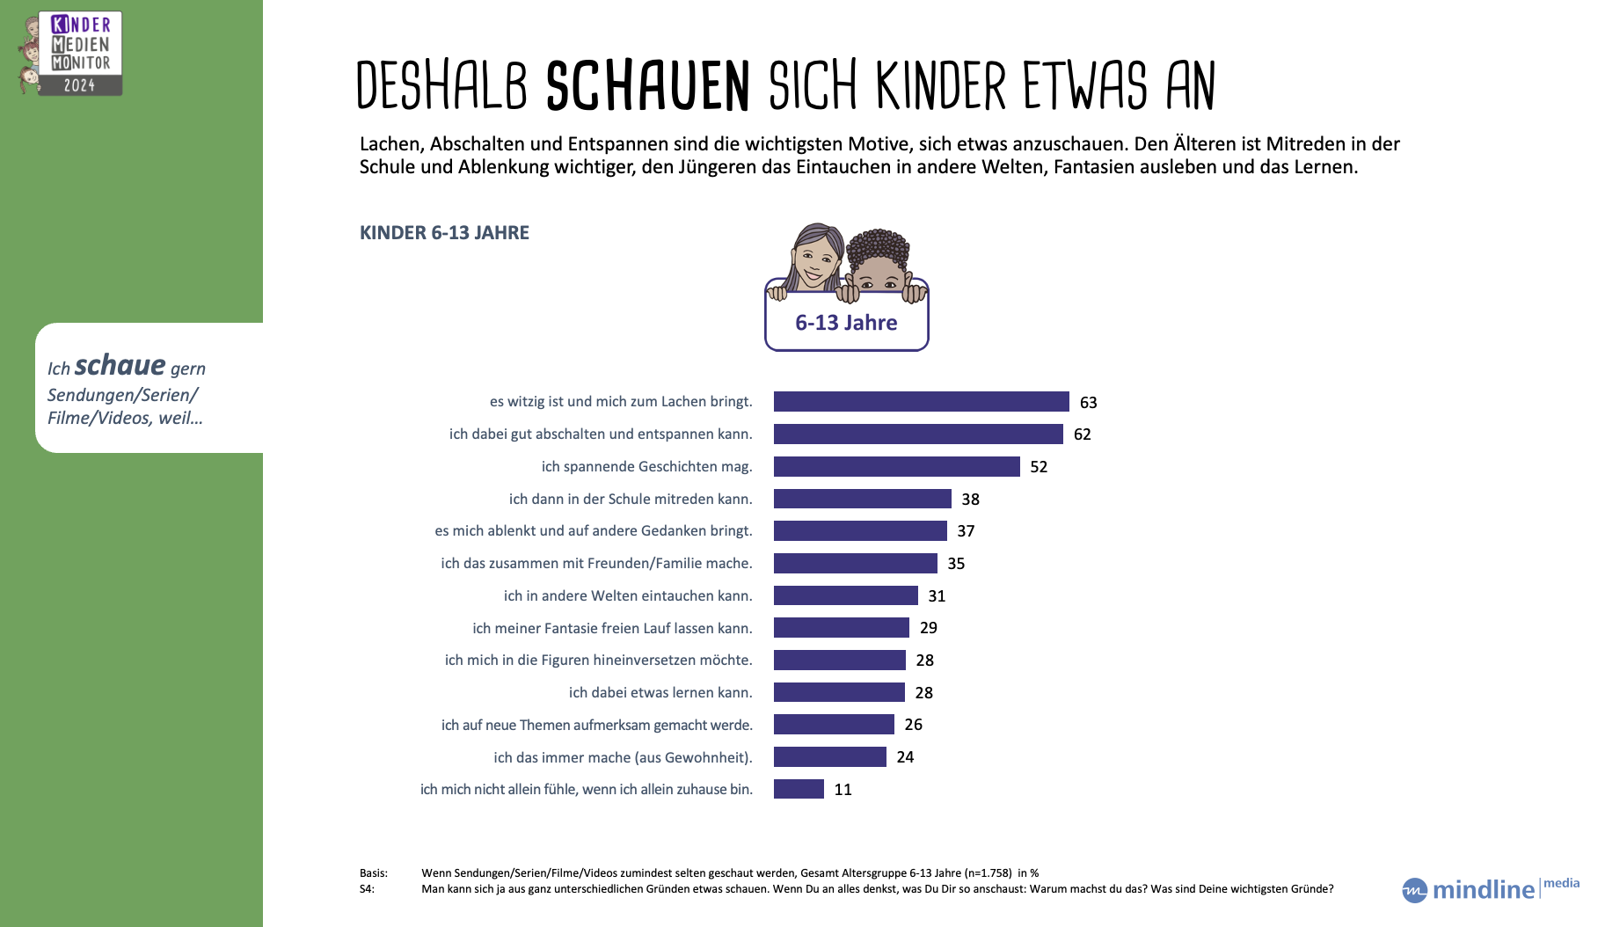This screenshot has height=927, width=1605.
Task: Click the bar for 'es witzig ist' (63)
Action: (921, 402)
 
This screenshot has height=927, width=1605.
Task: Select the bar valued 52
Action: (896, 466)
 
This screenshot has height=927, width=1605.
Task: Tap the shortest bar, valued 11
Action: (799, 789)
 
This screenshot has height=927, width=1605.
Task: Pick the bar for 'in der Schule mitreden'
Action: (862, 499)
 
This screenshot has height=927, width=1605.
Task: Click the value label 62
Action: (1082, 434)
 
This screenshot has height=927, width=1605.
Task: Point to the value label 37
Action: (966, 531)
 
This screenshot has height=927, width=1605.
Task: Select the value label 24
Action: (905, 757)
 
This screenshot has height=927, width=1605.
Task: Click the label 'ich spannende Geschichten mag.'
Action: (646, 466)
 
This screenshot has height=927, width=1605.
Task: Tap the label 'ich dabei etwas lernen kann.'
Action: (660, 692)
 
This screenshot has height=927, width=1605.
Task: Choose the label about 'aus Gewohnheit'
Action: (623, 757)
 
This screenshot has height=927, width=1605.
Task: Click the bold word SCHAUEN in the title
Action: (647, 86)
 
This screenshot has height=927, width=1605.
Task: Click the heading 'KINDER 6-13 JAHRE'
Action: (444, 233)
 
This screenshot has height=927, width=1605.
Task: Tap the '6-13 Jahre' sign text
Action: (846, 323)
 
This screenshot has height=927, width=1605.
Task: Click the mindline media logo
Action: (1490, 888)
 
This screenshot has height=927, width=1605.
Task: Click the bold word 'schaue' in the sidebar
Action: (120, 365)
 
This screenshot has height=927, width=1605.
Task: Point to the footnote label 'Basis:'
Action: (374, 873)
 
